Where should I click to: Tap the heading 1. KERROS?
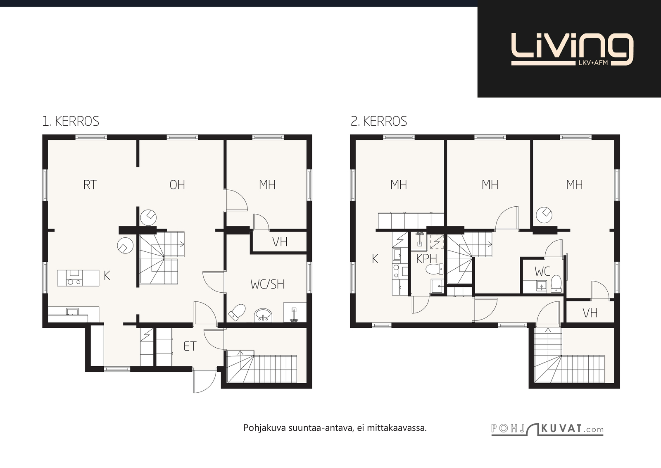71,122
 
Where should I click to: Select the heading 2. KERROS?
379,122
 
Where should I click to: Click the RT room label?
90,185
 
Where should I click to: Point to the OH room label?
177,185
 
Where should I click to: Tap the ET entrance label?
190,346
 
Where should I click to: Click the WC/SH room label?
267,284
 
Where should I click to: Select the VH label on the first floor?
280,242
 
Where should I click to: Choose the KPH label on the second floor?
426,259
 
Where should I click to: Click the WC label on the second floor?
542,271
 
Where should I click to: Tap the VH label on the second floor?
590,313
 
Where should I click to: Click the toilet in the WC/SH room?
237,313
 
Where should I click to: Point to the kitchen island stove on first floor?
74,278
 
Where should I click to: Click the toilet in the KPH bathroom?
435,269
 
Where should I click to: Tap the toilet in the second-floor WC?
556,284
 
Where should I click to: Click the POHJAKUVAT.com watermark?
547,429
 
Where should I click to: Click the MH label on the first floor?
267,185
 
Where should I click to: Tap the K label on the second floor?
375,259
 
